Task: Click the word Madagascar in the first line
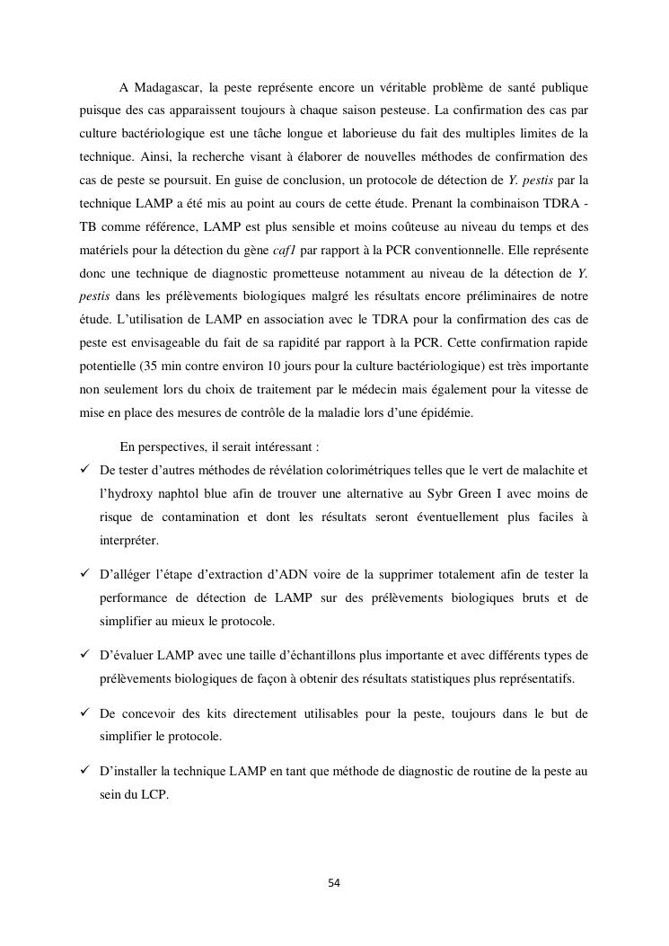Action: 167,87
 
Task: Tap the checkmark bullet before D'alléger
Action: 85,574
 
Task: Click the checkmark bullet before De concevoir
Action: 85,714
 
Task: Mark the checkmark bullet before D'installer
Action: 85,772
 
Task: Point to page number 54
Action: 334,883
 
